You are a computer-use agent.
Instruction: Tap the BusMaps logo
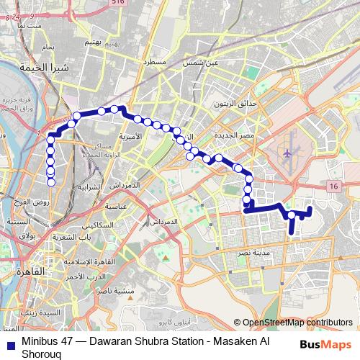point(326,344)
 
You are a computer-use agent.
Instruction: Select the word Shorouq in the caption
point(43,354)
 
